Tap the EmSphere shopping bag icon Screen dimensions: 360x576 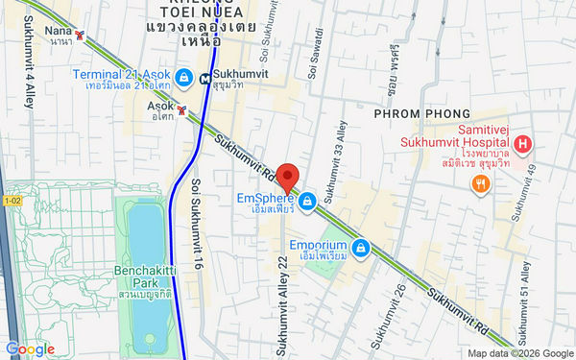point(307,201)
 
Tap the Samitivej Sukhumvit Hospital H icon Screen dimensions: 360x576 point(522,146)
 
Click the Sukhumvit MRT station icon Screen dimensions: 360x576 point(205,79)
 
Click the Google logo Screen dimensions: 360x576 point(30,349)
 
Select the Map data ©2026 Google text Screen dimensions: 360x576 point(519,352)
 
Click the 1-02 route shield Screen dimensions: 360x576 point(12,200)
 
